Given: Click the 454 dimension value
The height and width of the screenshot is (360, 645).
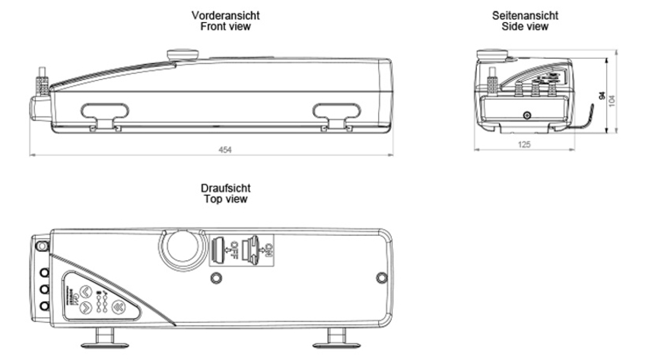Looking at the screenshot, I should click(225, 150).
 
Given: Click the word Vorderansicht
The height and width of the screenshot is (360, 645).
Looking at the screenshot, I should click(225, 15).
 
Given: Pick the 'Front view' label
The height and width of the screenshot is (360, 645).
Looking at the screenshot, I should click(225, 27).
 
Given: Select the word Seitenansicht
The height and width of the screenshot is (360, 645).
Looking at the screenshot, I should click(525, 15).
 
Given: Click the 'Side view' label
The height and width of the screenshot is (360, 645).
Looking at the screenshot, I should click(525, 27).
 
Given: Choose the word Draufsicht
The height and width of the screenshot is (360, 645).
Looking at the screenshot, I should click(225, 187).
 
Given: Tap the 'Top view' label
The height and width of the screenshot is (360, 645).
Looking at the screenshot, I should click(225, 199).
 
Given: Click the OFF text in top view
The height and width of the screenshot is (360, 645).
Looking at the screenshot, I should click(235, 248).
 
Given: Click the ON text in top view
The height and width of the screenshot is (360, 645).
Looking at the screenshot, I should click(268, 248).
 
